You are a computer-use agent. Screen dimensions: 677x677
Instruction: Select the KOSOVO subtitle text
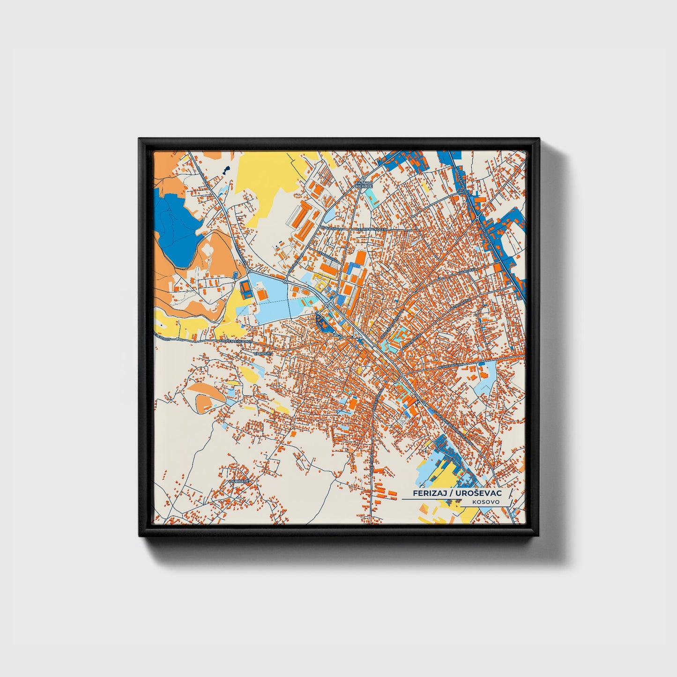pos(486,502)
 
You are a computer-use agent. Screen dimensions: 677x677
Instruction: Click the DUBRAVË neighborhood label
pos(238,481)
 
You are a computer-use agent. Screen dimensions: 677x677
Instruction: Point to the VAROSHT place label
pos(262,353)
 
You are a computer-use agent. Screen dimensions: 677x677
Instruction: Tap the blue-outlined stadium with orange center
pos(246,289)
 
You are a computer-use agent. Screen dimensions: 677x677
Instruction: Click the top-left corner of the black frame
pos(140,139)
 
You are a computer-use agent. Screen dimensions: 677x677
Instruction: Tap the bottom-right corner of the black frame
pos(539,537)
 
